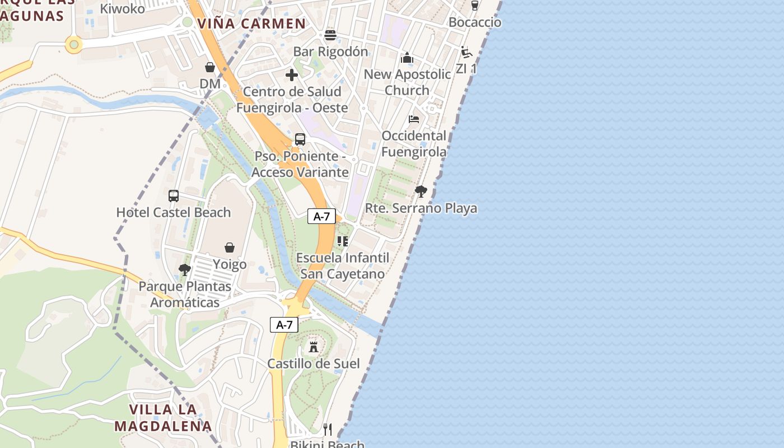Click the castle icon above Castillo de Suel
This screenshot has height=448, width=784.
click(x=314, y=347)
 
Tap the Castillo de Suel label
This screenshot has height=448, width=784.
click(x=314, y=363)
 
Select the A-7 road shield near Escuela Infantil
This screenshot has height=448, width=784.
click(x=321, y=217)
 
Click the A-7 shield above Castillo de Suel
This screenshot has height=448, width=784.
click(x=284, y=325)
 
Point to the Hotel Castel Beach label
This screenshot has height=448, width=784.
click(x=174, y=213)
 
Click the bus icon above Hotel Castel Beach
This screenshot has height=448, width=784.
click(x=174, y=196)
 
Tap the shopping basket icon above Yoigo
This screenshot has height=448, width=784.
click(x=230, y=248)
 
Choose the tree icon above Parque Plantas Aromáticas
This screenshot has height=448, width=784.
click(x=185, y=270)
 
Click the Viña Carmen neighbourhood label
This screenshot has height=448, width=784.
click(x=251, y=24)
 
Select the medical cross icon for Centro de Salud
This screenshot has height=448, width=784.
click(x=292, y=75)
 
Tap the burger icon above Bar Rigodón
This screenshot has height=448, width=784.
click(x=330, y=35)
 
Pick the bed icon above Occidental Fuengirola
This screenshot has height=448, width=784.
click(x=414, y=119)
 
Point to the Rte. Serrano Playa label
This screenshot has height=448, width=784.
click(x=421, y=208)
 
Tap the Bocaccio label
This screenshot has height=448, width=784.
click(x=475, y=22)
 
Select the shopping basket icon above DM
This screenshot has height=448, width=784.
click(x=210, y=68)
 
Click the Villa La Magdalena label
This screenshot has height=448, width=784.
click(x=164, y=418)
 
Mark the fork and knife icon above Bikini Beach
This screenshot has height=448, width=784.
click(x=328, y=430)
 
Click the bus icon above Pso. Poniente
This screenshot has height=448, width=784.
click(x=300, y=139)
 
